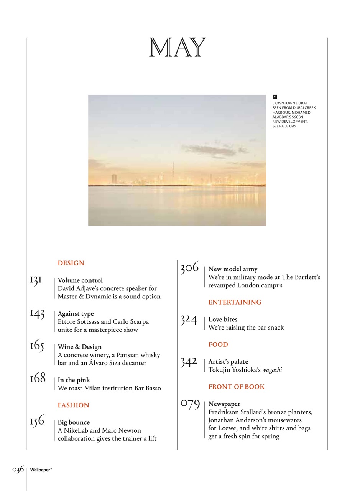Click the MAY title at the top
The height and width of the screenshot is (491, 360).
point(178,48)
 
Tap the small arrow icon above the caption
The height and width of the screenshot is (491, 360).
point(275,97)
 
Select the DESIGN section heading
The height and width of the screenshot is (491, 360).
point(71,263)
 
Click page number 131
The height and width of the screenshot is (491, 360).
point(36,281)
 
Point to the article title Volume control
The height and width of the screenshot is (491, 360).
point(80,280)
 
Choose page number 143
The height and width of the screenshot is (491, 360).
point(37,314)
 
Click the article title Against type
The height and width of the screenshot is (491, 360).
point(76,314)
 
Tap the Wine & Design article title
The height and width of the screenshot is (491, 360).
point(80,347)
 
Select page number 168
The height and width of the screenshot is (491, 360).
point(38,380)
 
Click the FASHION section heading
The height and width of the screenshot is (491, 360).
point(73,405)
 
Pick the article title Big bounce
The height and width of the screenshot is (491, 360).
point(74,422)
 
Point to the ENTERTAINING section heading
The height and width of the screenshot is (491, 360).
point(235,302)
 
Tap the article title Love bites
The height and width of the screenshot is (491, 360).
point(223,320)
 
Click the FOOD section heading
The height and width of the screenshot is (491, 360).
point(218,344)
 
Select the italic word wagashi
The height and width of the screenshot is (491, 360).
point(272,370)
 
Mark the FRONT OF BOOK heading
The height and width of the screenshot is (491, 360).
point(236,387)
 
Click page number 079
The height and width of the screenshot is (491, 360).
point(190,404)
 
